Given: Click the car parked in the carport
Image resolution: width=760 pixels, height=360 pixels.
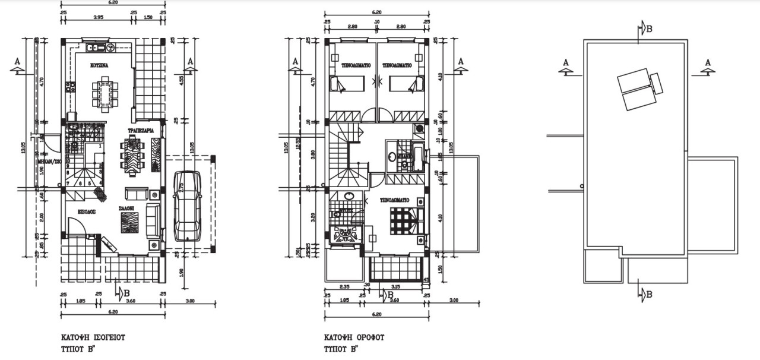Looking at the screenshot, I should tap(186, 206).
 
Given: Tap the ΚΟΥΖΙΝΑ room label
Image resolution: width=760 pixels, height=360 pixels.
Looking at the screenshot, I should tap(99, 64).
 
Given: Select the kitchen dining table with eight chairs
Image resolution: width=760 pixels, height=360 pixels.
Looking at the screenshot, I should tap(104, 94).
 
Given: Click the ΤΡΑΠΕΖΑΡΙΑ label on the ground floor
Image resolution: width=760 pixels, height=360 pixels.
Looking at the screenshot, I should tap(141, 130).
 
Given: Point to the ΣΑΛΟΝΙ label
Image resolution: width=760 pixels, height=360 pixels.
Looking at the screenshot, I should tap(125, 208).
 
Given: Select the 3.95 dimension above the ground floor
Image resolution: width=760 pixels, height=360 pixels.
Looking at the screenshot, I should tap(99, 18).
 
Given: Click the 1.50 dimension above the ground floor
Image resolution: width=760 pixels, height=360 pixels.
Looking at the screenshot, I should tap(148, 18).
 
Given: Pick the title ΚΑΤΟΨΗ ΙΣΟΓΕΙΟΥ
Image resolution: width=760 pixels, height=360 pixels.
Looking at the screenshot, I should tap(93, 337).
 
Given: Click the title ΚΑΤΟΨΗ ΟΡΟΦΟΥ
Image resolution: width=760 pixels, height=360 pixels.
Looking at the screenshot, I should tap(354, 337).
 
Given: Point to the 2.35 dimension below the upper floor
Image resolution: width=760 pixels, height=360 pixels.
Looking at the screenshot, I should tap(344, 287).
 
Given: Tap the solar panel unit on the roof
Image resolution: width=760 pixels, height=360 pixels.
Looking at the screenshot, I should tap(639, 89).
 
